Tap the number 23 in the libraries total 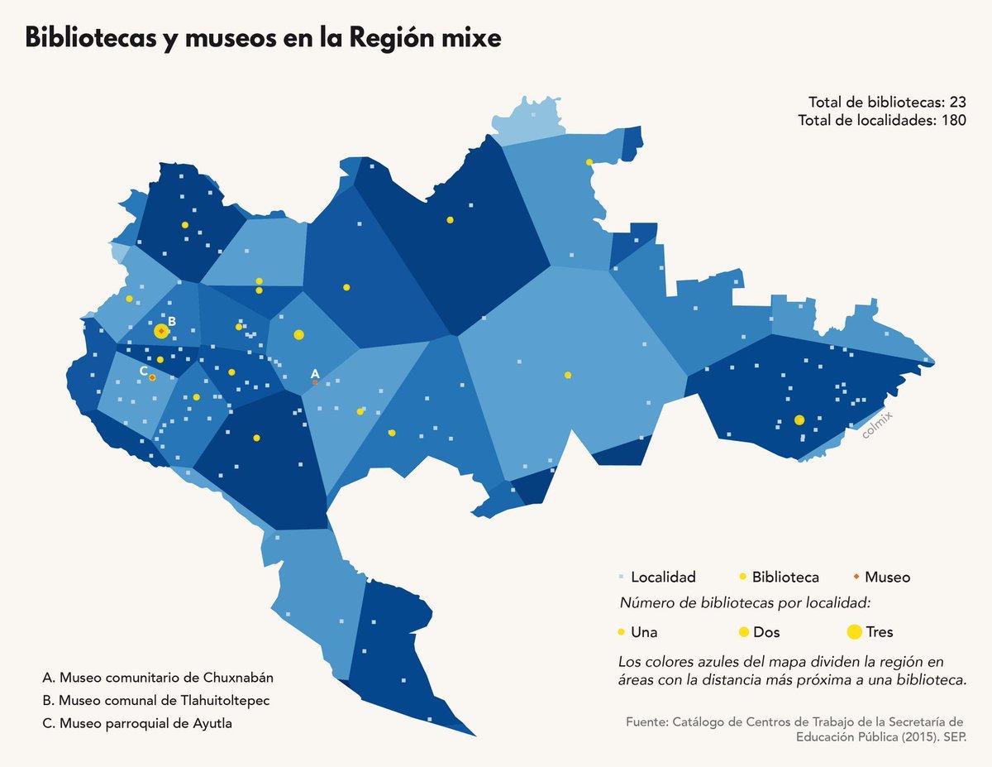coord(957,103)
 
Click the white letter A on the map coord(315,373)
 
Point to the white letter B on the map coord(172,321)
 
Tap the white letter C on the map coord(144,372)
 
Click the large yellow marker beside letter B coord(161,331)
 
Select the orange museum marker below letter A coord(315,382)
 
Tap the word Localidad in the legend coord(663,577)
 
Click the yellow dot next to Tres coord(854,632)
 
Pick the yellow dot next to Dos coord(743,632)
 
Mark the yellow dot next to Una coord(621,632)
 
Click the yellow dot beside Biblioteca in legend coord(742,577)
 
